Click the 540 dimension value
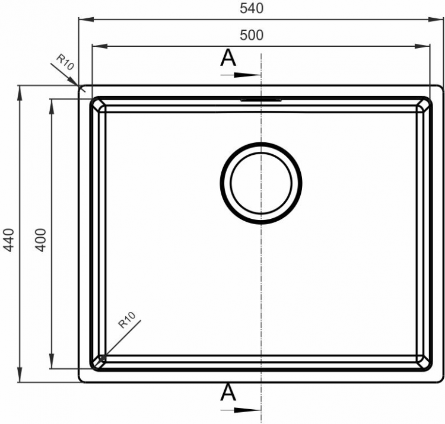point(252,8)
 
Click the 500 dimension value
point(252,35)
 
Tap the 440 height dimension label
point(9,240)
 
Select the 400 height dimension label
point(40,240)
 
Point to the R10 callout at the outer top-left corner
point(65,62)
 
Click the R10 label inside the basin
point(127,320)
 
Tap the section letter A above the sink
point(228,58)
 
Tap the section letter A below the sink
point(228,392)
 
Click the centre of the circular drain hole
point(261,183)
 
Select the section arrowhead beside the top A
point(247,75)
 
